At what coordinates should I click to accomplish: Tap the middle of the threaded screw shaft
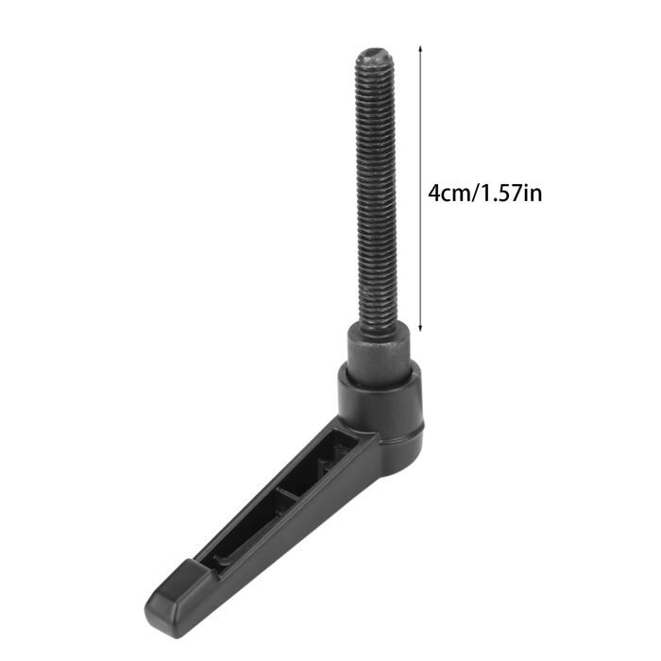pyautogui.click(x=375, y=189)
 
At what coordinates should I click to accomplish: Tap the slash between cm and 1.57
pyautogui.click(x=478, y=194)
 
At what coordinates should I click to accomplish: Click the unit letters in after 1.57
pyautogui.click(x=532, y=194)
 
